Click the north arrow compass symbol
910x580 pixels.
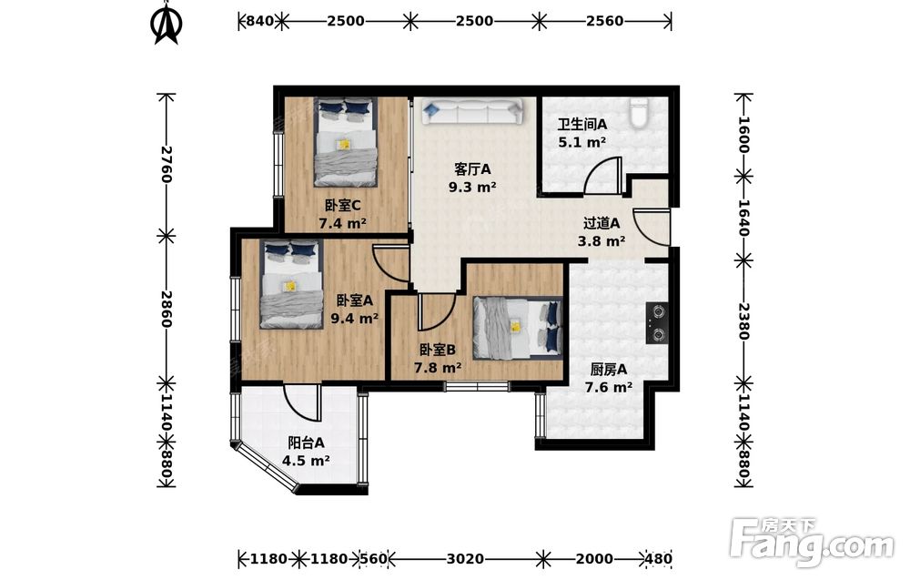167,24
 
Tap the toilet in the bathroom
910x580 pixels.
639,113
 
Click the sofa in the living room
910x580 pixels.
471,110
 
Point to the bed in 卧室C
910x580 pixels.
346,142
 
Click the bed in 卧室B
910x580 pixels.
518,328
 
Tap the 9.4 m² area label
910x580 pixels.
354,318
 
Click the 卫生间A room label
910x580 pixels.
582,124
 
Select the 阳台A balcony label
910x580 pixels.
306,443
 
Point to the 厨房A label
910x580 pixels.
608,370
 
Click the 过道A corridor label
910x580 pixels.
602,222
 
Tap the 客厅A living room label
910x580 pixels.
471,169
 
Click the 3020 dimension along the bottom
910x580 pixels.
465,558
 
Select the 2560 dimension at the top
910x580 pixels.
604,21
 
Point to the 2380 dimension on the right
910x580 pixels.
744,321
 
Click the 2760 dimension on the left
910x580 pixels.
166,164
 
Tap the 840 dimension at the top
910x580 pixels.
259,21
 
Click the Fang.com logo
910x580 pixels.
812,541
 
